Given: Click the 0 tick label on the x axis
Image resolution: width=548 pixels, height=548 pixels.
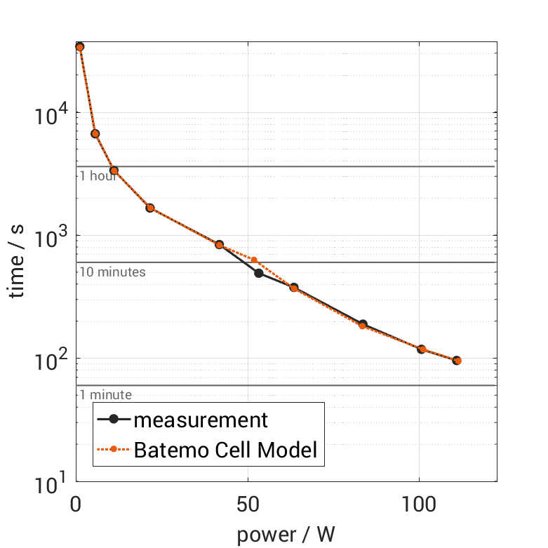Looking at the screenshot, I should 76,504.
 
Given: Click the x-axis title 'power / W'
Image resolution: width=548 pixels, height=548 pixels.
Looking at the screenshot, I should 286,535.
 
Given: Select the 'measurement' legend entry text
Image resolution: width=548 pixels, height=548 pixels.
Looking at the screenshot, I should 201,420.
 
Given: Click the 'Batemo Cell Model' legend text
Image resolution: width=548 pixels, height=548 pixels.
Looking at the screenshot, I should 226,450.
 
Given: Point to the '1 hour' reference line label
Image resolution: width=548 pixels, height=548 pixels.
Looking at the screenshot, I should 98,175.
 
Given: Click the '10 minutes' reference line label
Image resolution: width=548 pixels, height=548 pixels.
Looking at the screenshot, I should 112,272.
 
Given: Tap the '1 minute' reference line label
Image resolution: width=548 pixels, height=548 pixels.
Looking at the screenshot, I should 105,394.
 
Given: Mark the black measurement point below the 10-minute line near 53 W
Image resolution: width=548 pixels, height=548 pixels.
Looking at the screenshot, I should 258,273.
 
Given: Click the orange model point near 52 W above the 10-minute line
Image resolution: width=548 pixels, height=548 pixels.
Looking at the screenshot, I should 254,260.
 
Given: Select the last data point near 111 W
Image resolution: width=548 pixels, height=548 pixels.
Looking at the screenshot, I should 457,361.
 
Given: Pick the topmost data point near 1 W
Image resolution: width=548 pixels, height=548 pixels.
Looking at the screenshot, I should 79,47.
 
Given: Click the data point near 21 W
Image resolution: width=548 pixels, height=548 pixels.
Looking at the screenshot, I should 150,208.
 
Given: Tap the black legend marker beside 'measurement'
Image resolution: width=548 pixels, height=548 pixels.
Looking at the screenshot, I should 114,420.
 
